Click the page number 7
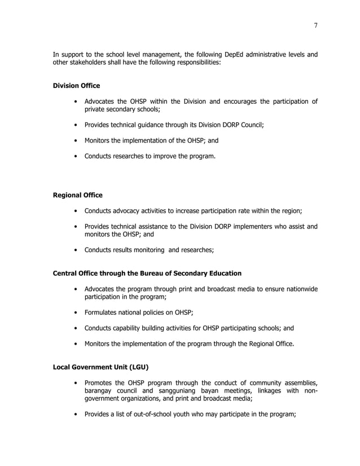tap(315, 24)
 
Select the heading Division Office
tap(76, 86)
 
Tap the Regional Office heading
tap(77, 195)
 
